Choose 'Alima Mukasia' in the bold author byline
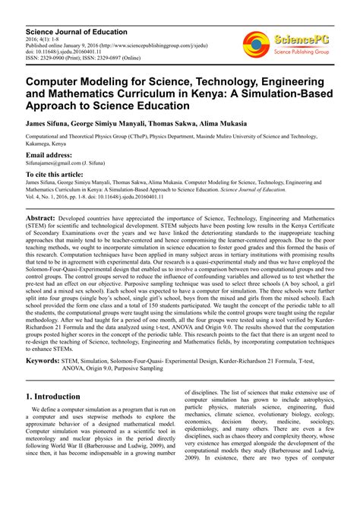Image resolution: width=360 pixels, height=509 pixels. click(x=235, y=122)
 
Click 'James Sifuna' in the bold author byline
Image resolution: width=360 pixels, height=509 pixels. click(x=54, y=122)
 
